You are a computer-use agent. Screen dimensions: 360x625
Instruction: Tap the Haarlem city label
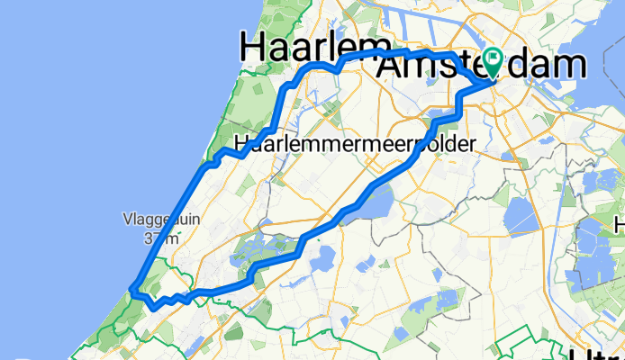coord(314,47)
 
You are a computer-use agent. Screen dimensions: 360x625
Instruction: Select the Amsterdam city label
coord(482,66)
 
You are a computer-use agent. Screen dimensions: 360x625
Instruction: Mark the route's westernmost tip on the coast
coord(131,290)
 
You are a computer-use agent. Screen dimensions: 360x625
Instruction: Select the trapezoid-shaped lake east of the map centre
coord(522,216)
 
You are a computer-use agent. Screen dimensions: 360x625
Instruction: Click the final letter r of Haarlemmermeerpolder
coord(472,143)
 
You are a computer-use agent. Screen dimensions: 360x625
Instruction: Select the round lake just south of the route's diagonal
coord(322,259)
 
